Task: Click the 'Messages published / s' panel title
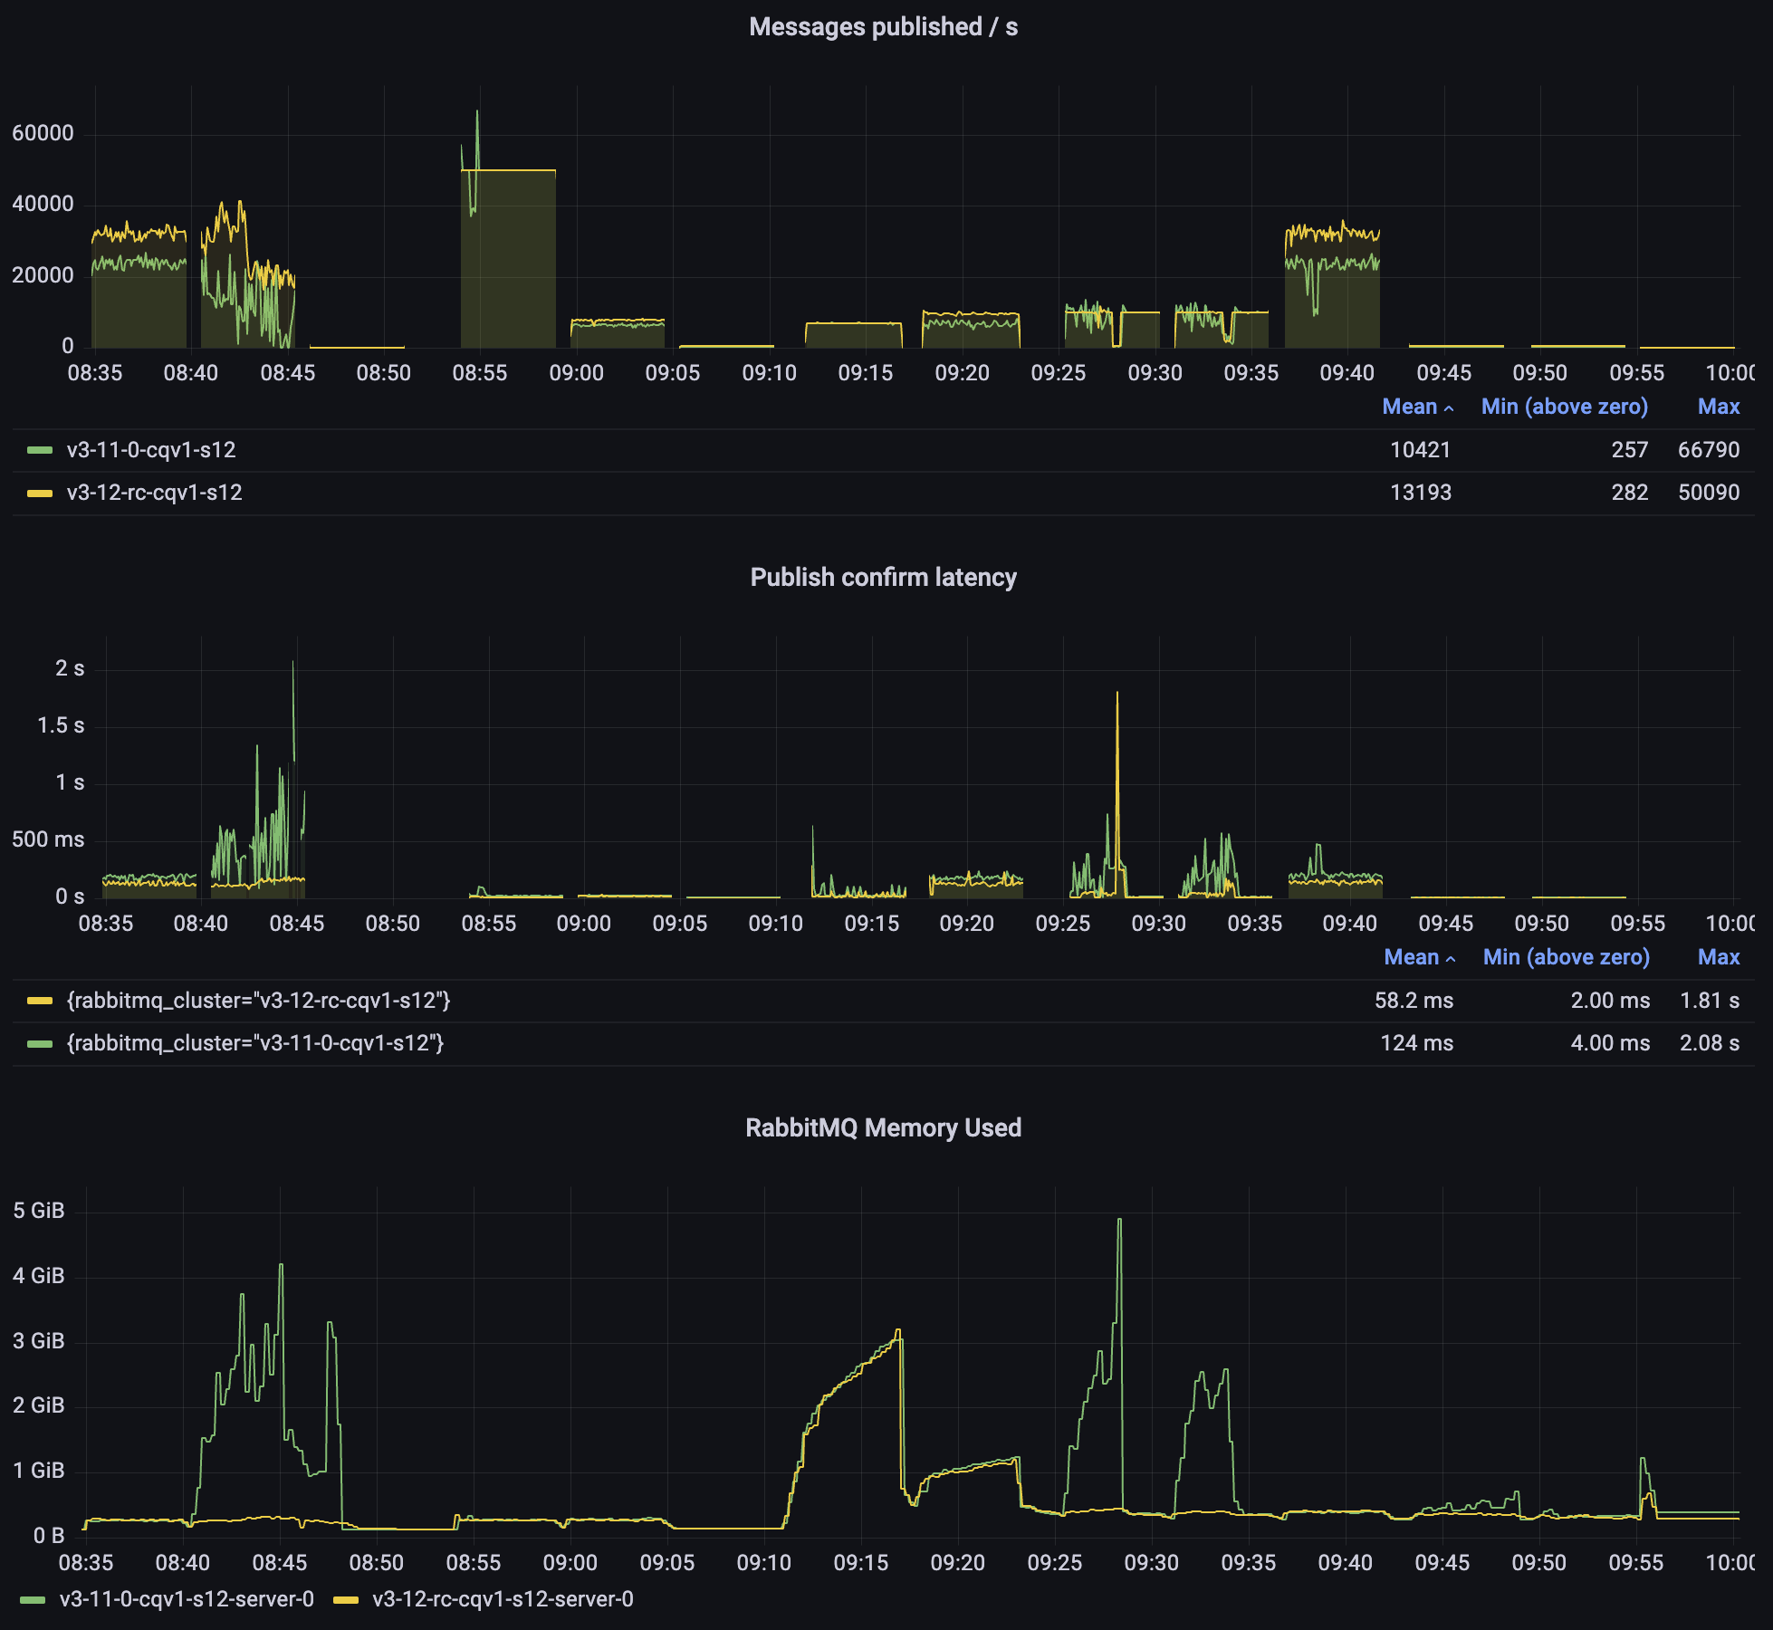click(883, 27)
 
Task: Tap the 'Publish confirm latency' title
click(883, 578)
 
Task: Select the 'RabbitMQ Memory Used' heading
click(883, 1128)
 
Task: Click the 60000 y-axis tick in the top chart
click(43, 133)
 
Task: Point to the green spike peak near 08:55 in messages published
click(477, 112)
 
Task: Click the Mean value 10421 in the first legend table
click(1420, 450)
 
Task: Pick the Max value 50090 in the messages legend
click(1708, 493)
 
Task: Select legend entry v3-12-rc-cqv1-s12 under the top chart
click(154, 493)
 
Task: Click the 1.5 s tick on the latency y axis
click(60, 725)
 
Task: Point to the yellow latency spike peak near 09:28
click(1117, 694)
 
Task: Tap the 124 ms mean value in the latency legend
click(1416, 1043)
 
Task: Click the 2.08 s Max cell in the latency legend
click(1709, 1043)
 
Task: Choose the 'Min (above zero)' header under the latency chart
click(1566, 957)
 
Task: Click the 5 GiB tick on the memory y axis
click(39, 1211)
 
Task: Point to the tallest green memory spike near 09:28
click(1119, 1220)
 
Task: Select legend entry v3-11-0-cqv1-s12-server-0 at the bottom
click(186, 1599)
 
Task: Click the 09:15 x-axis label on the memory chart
click(860, 1563)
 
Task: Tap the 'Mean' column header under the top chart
click(1410, 407)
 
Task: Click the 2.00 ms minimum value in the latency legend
click(1609, 1001)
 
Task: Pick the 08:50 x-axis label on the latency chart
click(392, 924)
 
